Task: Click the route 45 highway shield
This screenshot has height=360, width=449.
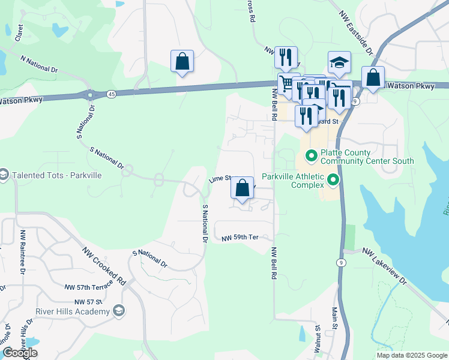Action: (112, 94)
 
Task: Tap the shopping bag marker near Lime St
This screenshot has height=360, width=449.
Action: (242, 188)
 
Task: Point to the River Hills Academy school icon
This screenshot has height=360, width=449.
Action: (119, 310)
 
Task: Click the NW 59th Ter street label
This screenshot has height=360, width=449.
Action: (240, 238)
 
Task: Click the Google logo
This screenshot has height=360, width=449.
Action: (20, 353)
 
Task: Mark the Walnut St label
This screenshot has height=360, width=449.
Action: (318, 340)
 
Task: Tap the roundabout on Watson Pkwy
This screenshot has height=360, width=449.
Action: (90, 95)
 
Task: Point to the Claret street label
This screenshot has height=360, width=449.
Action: (20, 31)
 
